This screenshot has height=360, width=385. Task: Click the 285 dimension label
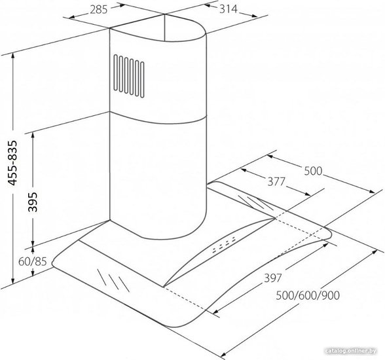coord(99,10)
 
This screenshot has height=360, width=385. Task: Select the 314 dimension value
coord(229,9)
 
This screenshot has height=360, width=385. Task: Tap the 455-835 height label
coord(12,163)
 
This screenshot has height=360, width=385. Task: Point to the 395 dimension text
coord(33,202)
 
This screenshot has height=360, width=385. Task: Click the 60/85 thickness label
coord(33,262)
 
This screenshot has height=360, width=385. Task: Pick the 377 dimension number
coord(276,181)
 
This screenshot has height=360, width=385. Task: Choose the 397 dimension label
coord(272,278)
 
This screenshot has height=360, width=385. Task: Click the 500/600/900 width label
coord(308,295)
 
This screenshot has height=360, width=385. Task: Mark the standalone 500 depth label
coord(313,171)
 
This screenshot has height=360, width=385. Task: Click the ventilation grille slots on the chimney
coord(129,77)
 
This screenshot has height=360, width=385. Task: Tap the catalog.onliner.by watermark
coord(351,351)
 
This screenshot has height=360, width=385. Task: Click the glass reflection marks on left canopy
coord(113,280)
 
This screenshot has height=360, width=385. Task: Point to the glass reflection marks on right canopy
coord(255,202)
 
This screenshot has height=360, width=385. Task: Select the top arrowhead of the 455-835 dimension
coord(13,56)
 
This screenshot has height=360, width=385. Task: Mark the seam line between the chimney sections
coord(157,119)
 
